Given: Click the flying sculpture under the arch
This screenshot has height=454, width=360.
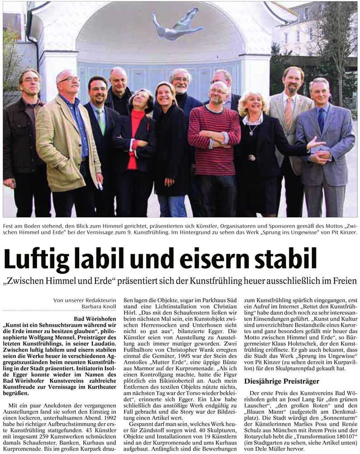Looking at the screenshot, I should (x=177, y=24).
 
